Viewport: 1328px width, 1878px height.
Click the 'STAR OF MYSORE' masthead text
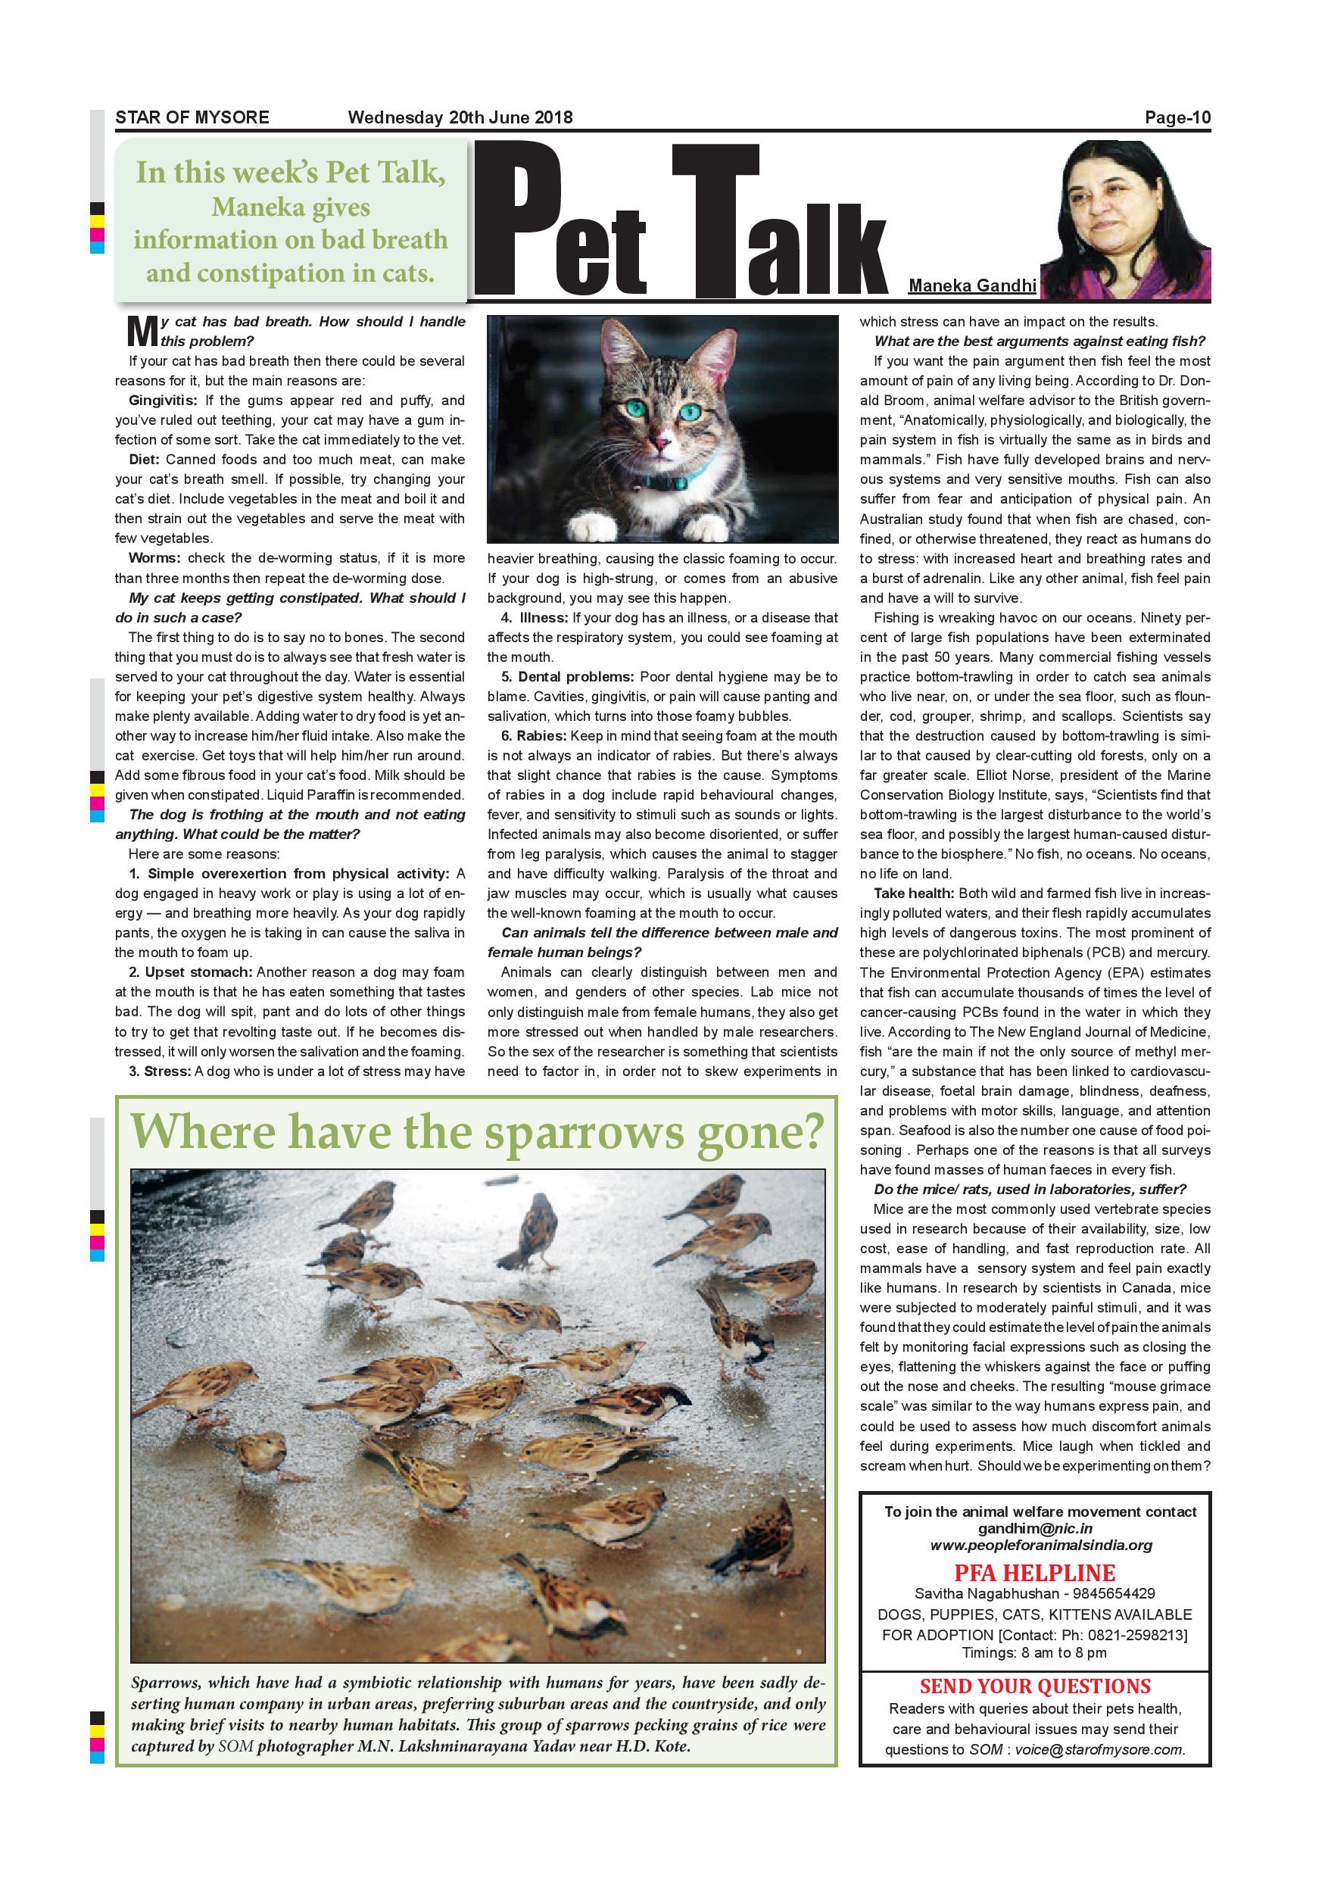click(x=192, y=117)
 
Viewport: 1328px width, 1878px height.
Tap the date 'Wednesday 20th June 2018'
click(x=460, y=117)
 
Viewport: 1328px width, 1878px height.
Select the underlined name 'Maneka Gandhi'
click(x=972, y=285)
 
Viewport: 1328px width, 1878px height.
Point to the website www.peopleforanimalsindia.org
click(x=1041, y=1545)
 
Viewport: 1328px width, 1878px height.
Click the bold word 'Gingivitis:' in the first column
click(x=163, y=401)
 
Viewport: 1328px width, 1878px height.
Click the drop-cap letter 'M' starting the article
click(x=141, y=331)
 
